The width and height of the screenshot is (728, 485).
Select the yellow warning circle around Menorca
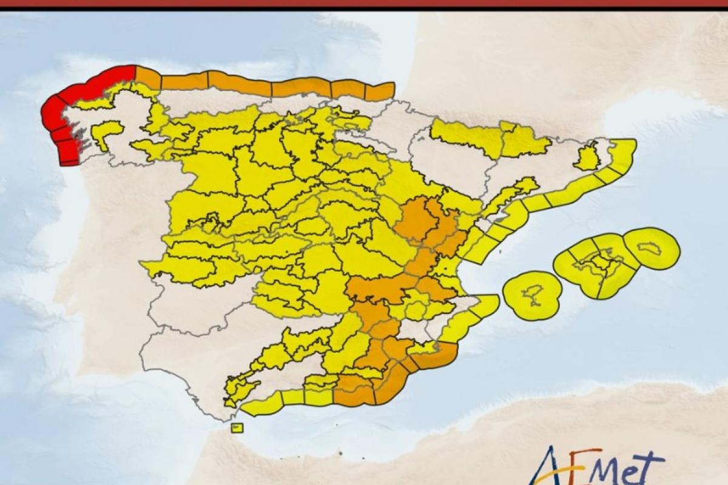click(652, 248)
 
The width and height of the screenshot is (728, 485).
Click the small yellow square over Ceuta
click(237, 427)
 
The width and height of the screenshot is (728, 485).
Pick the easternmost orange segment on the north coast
click(380, 91)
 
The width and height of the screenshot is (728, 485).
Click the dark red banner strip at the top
click(364, 4)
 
